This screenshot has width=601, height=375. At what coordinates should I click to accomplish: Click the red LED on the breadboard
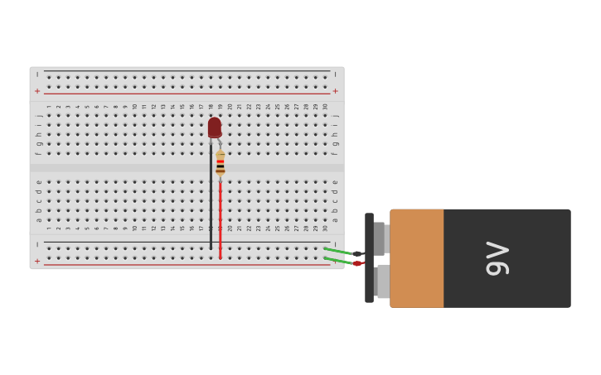click(x=215, y=127)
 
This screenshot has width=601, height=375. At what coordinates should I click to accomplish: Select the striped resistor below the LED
click(x=220, y=163)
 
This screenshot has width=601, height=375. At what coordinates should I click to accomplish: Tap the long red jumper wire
click(x=220, y=219)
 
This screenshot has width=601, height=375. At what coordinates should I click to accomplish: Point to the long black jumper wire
click(x=211, y=199)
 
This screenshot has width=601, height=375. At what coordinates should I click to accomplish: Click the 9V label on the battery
click(x=497, y=258)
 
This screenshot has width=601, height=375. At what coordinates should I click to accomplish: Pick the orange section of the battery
click(x=416, y=258)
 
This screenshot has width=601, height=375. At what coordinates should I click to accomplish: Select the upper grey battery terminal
click(x=380, y=238)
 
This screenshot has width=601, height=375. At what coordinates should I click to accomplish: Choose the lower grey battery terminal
click(x=381, y=281)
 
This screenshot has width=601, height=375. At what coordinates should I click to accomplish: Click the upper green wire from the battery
click(x=338, y=250)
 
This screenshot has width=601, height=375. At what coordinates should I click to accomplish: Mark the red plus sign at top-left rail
click(x=36, y=91)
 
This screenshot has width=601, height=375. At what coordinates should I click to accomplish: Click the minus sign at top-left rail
click(x=36, y=75)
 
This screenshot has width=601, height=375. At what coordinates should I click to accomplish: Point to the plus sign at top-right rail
click(x=335, y=91)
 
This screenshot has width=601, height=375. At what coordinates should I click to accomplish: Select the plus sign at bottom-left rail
click(x=36, y=262)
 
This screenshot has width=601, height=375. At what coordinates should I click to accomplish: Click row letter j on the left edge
click(x=38, y=115)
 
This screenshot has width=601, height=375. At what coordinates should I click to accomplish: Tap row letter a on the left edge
click(x=38, y=219)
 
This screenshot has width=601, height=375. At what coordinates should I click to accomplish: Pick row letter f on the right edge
click(x=335, y=153)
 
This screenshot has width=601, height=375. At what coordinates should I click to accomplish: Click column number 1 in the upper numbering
click(x=49, y=106)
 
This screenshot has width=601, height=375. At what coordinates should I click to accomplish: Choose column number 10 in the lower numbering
click(x=134, y=228)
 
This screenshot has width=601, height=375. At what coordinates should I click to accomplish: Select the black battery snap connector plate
click(x=369, y=257)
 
